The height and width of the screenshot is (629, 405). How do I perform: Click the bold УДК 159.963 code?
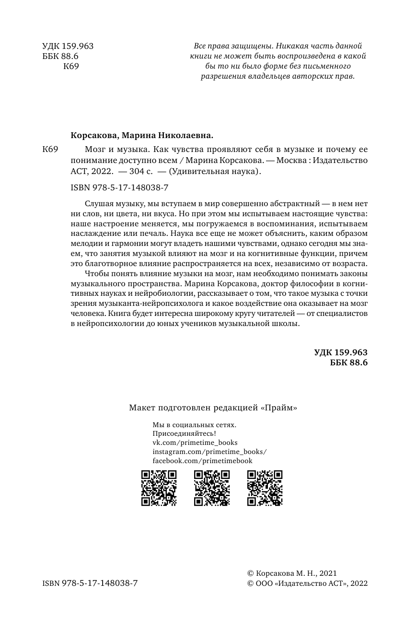pos(340,352)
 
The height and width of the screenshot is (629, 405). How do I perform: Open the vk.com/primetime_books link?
pos(195,443)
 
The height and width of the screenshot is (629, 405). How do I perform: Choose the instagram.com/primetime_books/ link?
pos(209,452)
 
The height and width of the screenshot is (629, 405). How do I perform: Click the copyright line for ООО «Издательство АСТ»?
pos(306,583)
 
